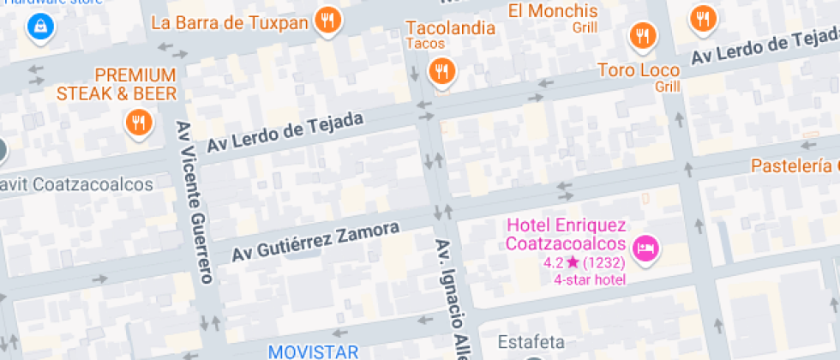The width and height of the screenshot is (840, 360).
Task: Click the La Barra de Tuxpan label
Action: click(229, 22)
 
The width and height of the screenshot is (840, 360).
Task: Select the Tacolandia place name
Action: click(450, 27)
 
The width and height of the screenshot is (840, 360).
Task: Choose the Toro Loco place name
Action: click(639, 70)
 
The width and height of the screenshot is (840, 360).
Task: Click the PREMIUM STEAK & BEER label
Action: click(117, 84)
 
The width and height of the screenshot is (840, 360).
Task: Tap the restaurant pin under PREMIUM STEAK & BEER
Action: click(138, 122)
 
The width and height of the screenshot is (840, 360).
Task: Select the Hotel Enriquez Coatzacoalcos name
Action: click(567, 235)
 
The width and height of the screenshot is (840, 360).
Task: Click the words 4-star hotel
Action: click(590, 279)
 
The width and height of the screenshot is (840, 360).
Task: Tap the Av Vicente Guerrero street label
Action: click(194, 201)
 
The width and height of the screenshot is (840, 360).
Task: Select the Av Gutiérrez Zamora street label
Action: click(315, 243)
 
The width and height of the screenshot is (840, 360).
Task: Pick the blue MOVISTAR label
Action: click(313, 351)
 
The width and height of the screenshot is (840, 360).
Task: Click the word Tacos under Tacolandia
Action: click(425, 43)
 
